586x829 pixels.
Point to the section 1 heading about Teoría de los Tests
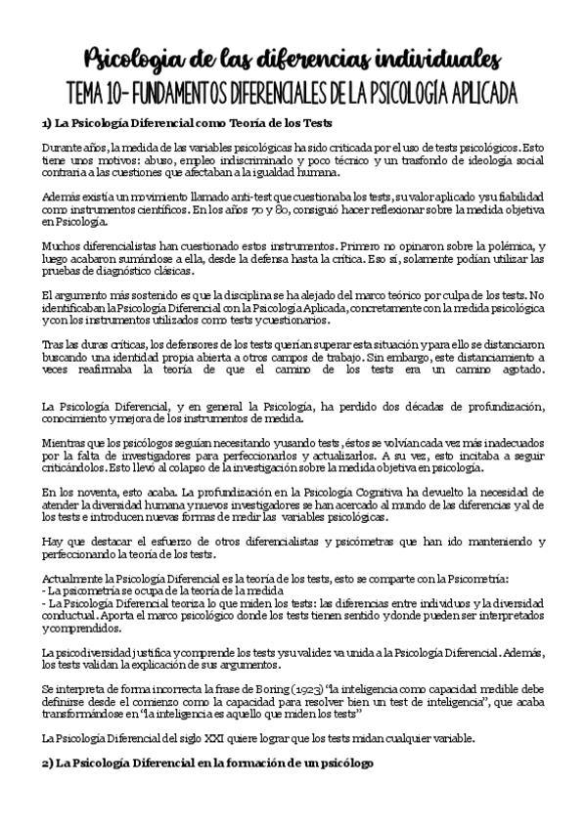coord(187,124)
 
